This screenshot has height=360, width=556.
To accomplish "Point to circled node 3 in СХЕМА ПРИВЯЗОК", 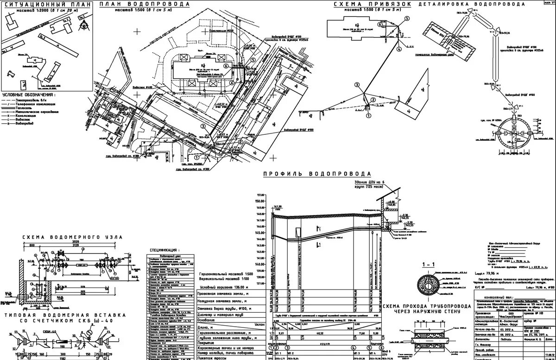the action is pos(357,85).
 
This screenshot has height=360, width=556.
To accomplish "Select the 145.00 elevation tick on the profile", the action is pos(259,233).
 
